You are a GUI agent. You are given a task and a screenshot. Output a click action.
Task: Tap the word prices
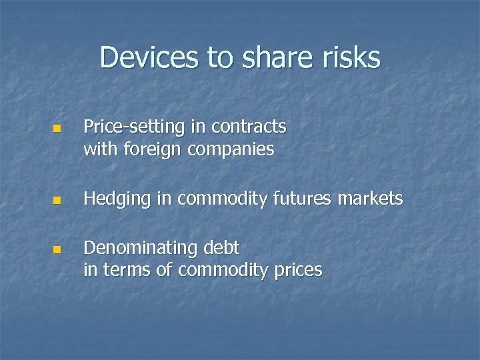[x=297, y=270]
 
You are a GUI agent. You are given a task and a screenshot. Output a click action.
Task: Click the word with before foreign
[x=99, y=149]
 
